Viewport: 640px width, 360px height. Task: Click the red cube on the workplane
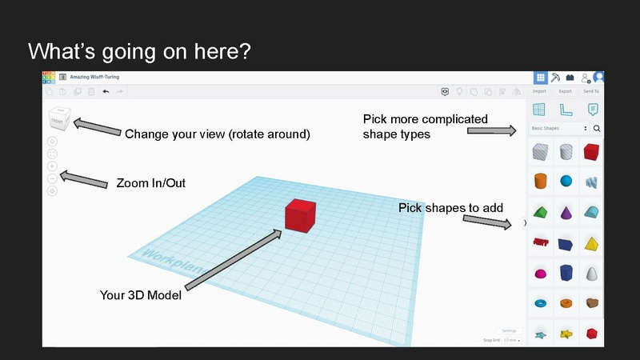pyautogui.click(x=300, y=214)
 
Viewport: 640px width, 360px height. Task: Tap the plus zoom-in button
pyautogui.click(x=53, y=166)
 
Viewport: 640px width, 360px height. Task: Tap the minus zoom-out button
pyautogui.click(x=53, y=178)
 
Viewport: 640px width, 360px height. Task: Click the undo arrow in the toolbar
pyautogui.click(x=106, y=91)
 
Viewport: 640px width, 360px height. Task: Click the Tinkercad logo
pyautogui.click(x=49, y=77)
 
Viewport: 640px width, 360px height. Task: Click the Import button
pyautogui.click(x=540, y=91)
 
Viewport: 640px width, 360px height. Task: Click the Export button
pyautogui.click(x=565, y=91)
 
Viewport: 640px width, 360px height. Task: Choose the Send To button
pyautogui.click(x=591, y=91)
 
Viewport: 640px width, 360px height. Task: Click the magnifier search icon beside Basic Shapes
pyautogui.click(x=597, y=128)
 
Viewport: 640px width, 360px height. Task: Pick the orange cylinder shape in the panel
pyautogui.click(x=540, y=181)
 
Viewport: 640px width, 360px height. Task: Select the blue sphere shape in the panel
pyautogui.click(x=566, y=181)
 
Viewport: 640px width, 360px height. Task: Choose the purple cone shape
pyautogui.click(x=566, y=212)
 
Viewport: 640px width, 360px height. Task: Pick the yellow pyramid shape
pyautogui.click(x=593, y=242)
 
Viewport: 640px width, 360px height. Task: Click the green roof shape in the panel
pyautogui.click(x=540, y=212)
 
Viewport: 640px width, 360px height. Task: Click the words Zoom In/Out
pyautogui.click(x=151, y=183)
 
